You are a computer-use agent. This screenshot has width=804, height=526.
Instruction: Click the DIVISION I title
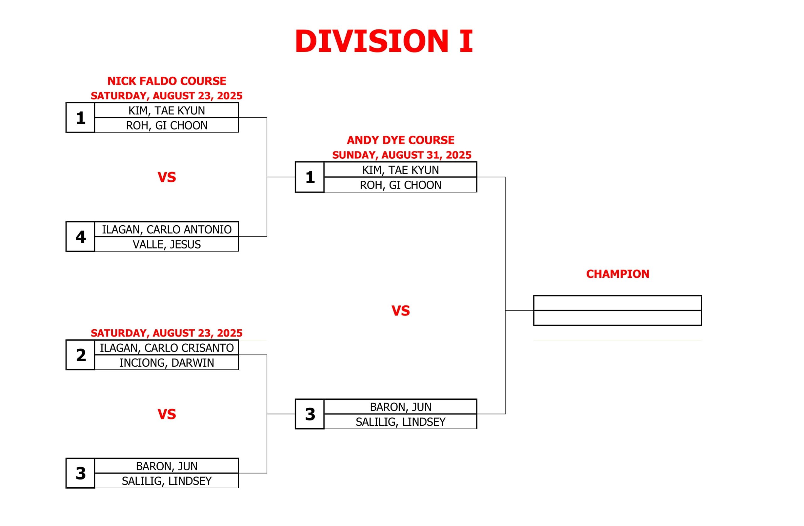point(384,41)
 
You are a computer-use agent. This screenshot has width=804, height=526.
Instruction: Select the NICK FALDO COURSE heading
point(166,81)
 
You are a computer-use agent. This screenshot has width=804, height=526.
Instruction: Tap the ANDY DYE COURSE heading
point(400,140)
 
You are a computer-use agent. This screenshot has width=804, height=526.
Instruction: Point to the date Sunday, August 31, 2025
point(402,155)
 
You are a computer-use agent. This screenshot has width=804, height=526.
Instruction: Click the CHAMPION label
point(617,274)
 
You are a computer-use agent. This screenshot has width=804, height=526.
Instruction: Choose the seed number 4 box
point(80,237)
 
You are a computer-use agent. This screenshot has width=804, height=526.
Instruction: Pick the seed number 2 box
point(80,355)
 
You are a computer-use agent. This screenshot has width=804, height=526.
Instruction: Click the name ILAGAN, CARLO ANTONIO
point(166,229)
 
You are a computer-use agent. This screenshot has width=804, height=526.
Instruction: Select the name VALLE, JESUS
point(166,244)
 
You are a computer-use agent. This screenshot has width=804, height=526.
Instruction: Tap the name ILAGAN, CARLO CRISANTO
point(166,348)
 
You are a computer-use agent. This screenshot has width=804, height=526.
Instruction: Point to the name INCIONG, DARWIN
point(166,363)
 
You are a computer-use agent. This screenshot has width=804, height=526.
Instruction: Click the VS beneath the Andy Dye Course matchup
point(401,311)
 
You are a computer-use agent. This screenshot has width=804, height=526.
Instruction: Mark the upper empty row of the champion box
point(617,303)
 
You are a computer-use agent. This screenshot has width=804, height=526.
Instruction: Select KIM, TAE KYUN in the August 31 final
point(401,170)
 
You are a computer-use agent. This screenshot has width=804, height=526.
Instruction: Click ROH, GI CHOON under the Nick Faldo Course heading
point(166,125)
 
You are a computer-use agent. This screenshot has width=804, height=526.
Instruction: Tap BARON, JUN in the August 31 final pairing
point(401,407)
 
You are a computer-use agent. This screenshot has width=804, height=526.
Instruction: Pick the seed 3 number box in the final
point(310,414)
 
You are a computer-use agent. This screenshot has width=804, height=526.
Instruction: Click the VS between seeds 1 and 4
point(166,177)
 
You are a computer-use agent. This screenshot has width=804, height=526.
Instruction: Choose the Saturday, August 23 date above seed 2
point(166,333)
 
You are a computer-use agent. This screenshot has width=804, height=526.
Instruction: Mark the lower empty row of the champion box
point(617,318)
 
